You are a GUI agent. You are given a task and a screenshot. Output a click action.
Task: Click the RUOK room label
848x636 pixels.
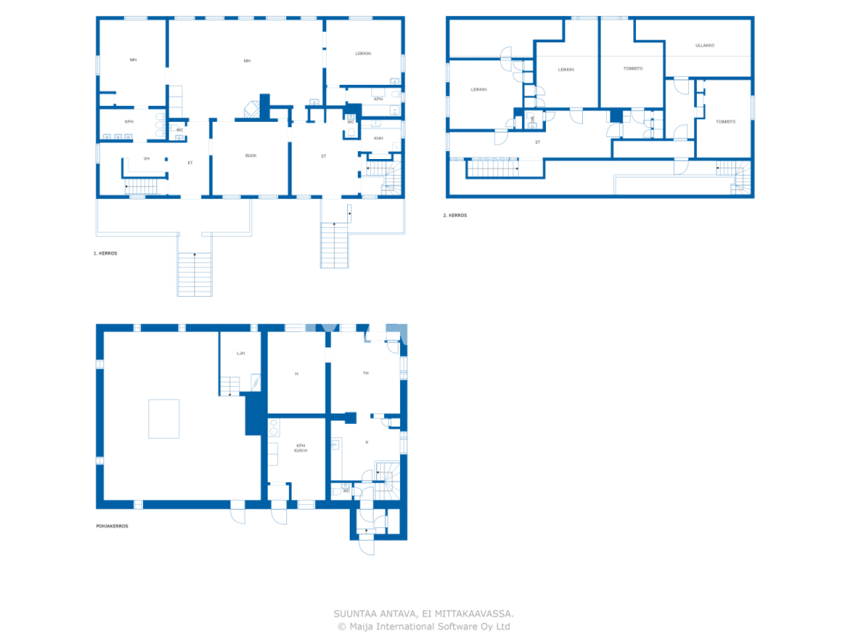pos(250,156)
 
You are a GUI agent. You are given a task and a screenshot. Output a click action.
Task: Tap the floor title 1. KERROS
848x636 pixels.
pos(105,253)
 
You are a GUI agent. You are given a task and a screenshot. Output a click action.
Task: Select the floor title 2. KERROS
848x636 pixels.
pos(455,215)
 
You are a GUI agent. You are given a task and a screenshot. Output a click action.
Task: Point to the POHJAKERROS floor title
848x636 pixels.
pos(112,526)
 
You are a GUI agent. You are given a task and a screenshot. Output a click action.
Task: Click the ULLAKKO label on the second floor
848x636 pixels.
pos(705,46)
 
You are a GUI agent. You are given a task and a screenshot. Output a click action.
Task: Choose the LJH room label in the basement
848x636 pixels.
pos(240,353)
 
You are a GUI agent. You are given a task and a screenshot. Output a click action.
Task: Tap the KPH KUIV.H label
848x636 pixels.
pos(301,448)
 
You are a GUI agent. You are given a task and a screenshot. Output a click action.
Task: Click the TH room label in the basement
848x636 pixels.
pos(366,373)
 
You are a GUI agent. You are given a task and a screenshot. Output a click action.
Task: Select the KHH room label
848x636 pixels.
pos(378,138)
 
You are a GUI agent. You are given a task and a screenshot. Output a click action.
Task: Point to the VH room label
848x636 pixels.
pos(146,158)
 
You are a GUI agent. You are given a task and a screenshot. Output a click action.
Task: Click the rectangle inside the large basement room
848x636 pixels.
pos(164,419)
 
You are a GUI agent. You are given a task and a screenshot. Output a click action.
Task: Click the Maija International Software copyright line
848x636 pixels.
pos(424,627)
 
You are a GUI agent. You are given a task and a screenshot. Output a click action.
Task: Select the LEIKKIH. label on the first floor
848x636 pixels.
pos(363,54)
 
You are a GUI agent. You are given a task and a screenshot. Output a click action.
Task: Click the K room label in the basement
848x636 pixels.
pos(367,442)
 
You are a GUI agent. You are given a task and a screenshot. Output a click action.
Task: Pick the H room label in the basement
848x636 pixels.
pos(296,374)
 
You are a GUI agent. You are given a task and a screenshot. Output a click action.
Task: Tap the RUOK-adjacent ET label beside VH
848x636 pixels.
pos(190,162)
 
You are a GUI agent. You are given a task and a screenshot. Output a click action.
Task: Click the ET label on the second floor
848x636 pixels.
pos(538,142)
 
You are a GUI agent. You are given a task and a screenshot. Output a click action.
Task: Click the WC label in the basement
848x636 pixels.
pos(346,491)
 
